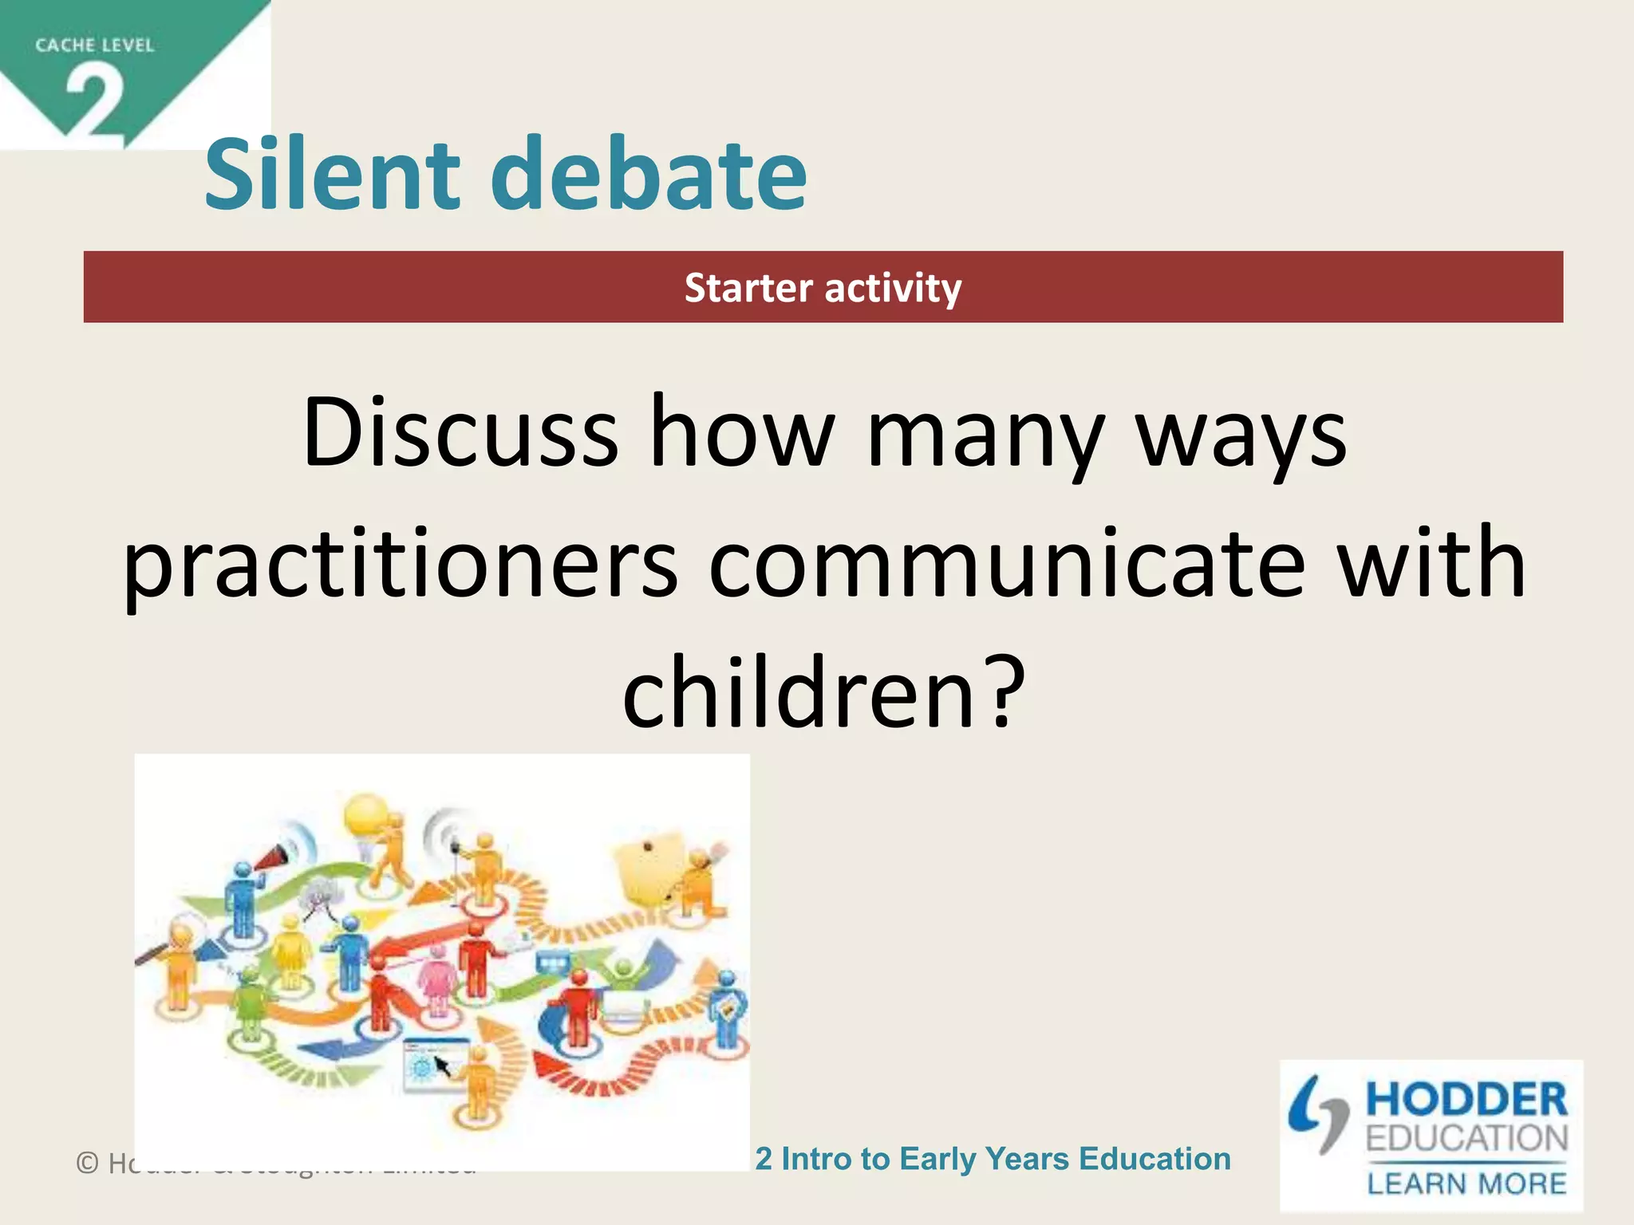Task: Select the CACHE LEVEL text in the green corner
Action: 94,45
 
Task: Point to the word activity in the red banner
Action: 894,288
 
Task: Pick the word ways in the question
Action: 1241,435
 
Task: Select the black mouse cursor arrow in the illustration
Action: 441,1065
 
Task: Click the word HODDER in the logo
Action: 1466,1100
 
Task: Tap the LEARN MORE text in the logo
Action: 1466,1184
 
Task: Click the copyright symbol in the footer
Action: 87,1164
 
